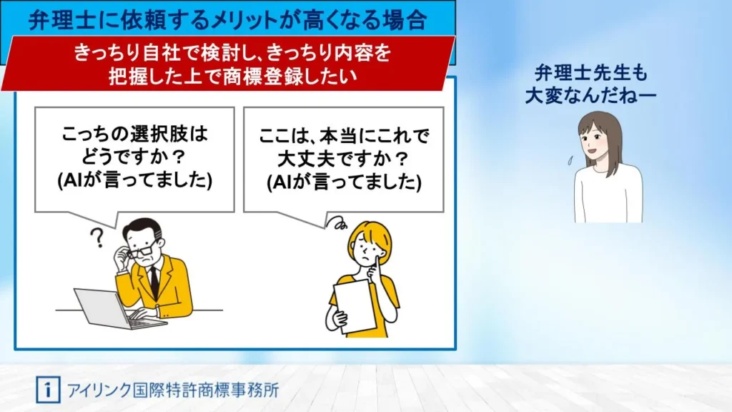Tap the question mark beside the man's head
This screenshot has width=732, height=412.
[x=97, y=237]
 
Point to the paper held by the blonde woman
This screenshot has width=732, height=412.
[x=354, y=306]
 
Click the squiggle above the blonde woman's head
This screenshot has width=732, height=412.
[x=337, y=222]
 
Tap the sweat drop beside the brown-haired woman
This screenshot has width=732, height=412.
[x=570, y=161]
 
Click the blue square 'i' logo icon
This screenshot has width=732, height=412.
[x=48, y=390]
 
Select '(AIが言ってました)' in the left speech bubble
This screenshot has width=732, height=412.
[x=135, y=180]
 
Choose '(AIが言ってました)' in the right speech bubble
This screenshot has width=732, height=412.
[x=344, y=182]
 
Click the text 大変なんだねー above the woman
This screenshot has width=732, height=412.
[x=590, y=96]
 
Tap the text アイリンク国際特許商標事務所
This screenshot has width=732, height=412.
[x=173, y=390]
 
